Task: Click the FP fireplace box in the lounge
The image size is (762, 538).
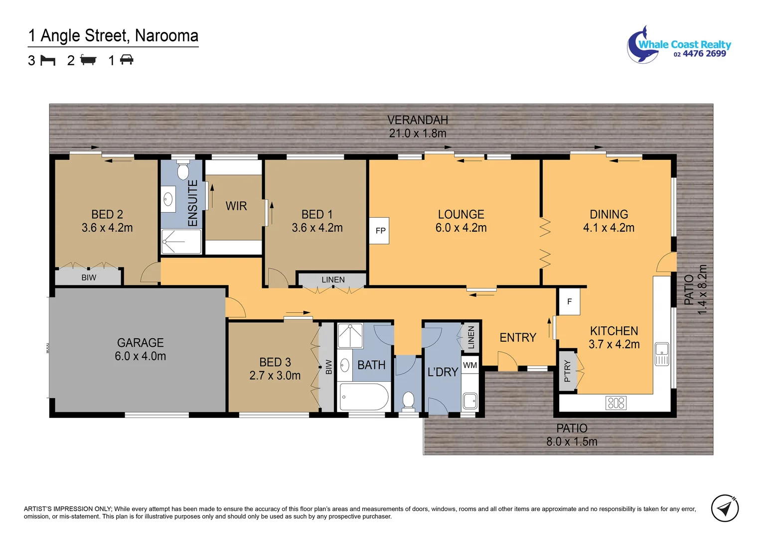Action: (x=379, y=231)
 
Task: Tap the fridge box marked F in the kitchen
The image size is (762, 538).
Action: (x=569, y=301)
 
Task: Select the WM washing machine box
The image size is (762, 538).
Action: (x=469, y=365)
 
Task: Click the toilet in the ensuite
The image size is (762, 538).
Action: (x=183, y=171)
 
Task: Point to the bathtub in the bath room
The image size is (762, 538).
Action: (x=364, y=397)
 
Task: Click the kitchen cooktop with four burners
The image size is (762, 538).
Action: (x=616, y=403)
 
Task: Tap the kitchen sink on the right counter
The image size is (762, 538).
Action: (x=661, y=354)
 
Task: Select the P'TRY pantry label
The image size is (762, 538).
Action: (x=567, y=371)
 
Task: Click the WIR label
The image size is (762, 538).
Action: (x=236, y=206)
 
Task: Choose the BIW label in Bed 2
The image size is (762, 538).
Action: (x=89, y=277)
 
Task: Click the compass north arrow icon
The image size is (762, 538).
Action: (x=725, y=509)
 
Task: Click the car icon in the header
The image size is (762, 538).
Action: (x=127, y=60)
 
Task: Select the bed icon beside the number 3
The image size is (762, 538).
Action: (x=48, y=60)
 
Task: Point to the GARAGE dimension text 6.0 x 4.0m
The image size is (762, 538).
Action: (x=140, y=356)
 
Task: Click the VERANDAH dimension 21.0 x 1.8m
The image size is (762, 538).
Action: (x=418, y=134)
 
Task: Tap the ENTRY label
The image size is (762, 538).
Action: (x=518, y=338)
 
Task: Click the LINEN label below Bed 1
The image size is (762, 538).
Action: (x=333, y=280)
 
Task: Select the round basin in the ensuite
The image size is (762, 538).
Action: (x=168, y=199)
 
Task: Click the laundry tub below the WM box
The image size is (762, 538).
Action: (x=469, y=400)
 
